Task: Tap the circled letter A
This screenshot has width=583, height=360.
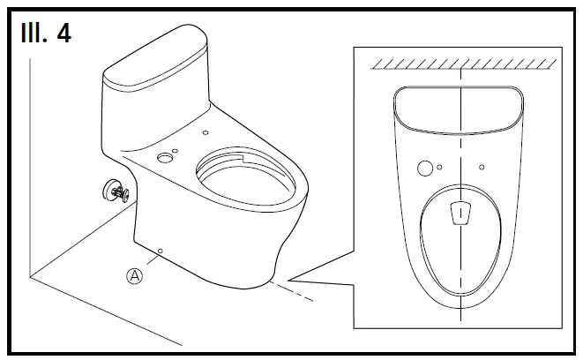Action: (x=135, y=275)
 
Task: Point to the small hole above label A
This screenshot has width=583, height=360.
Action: (x=160, y=252)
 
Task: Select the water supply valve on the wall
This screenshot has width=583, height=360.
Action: (x=115, y=191)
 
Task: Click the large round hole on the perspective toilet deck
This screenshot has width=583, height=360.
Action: (x=164, y=159)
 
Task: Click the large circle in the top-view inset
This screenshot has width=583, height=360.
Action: (x=424, y=168)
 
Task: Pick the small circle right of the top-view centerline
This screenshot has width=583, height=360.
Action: (x=482, y=165)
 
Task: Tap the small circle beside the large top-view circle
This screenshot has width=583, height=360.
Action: (x=439, y=165)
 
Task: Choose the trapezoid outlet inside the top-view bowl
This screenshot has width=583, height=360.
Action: (x=460, y=212)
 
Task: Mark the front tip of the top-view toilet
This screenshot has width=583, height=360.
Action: (x=460, y=310)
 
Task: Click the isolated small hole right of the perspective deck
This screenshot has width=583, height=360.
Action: (x=206, y=133)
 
